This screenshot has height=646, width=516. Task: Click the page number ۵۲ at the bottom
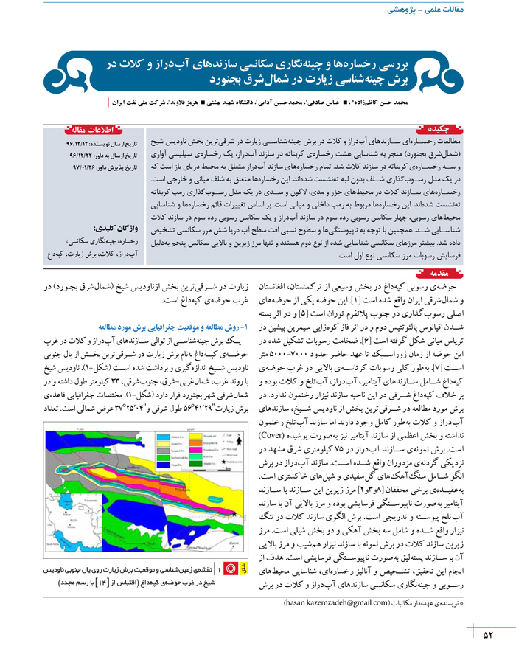tap(487, 632)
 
